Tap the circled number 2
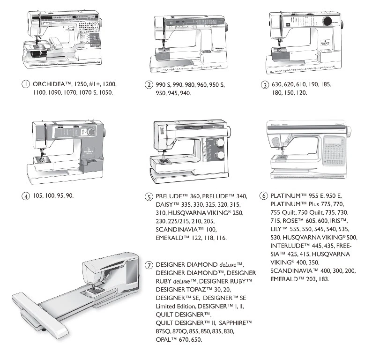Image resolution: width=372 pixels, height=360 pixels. point(149,85)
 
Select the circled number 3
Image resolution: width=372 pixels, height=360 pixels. point(265,85)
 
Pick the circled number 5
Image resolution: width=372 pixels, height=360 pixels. point(149,196)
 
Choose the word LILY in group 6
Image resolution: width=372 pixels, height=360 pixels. point(278,229)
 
